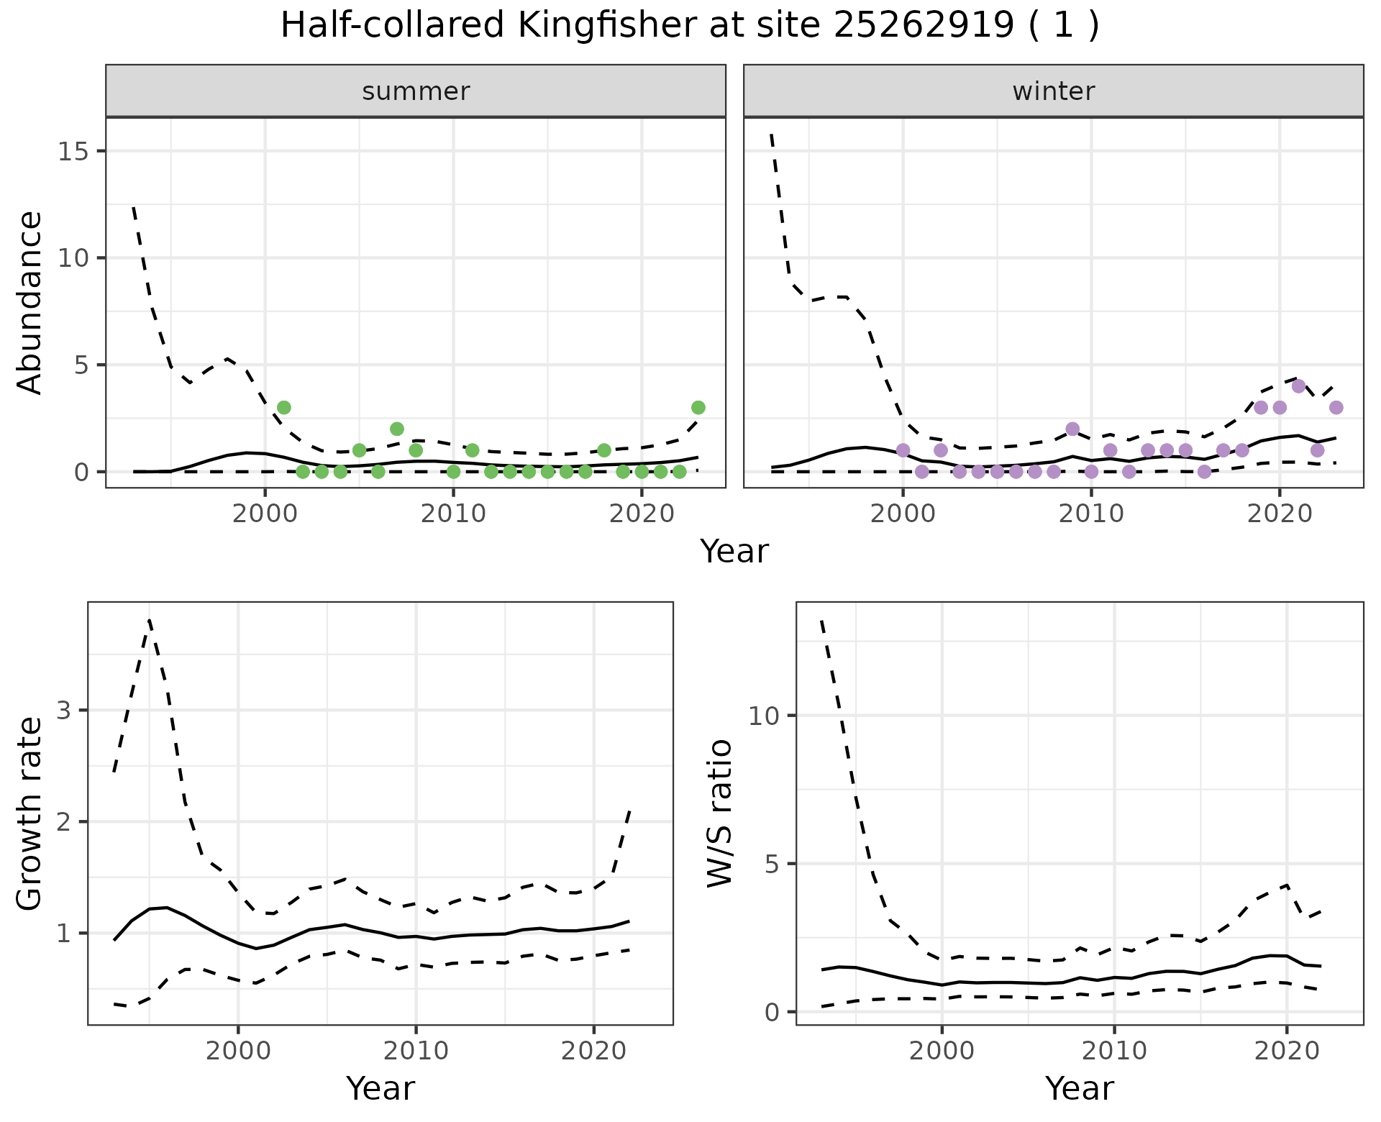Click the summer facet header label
(x=416, y=91)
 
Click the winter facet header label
(x=1053, y=91)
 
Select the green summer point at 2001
(x=284, y=408)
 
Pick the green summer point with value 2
(x=397, y=429)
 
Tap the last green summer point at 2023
(x=698, y=408)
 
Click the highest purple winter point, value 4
(x=1298, y=386)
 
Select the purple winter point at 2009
(x=1072, y=429)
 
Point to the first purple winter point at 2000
(x=903, y=450)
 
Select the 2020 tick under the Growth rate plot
(x=593, y=1051)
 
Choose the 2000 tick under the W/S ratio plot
(x=942, y=1051)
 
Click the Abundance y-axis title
(x=30, y=302)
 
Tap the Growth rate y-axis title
(x=30, y=813)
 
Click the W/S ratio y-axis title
(x=719, y=813)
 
